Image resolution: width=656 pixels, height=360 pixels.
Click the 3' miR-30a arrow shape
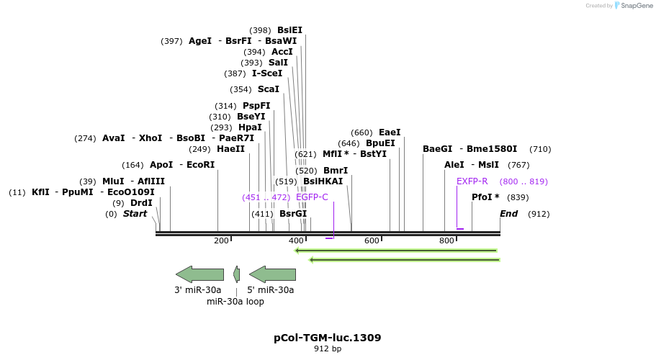click(x=199, y=274)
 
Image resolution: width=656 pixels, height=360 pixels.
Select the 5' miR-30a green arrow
click(x=272, y=274)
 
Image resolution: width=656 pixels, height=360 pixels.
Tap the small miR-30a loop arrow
click(x=236, y=274)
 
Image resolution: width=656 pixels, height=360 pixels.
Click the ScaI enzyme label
click(x=269, y=89)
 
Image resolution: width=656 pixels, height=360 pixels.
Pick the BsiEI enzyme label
click(x=289, y=30)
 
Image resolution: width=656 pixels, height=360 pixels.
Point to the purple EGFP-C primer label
click(x=312, y=197)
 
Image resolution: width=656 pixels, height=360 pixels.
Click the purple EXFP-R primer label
click(x=472, y=181)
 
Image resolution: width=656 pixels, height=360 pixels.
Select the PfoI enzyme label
click(x=486, y=197)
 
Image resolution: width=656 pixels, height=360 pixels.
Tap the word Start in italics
click(x=135, y=214)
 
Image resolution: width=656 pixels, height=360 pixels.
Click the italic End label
click(x=508, y=214)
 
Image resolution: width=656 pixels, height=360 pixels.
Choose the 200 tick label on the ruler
click(x=221, y=240)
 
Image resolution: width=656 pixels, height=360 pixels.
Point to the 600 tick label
click(x=372, y=240)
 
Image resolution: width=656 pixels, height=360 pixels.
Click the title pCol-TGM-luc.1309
click(x=328, y=337)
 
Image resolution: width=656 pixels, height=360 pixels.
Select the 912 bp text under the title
click(x=328, y=349)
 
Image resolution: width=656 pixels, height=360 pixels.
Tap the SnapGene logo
click(x=632, y=6)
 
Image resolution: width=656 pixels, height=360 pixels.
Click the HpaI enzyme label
click(x=250, y=127)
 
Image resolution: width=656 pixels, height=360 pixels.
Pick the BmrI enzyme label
click(x=336, y=171)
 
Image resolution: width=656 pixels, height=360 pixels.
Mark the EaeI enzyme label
click(x=390, y=132)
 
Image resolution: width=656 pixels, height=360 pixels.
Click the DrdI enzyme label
click(x=141, y=203)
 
